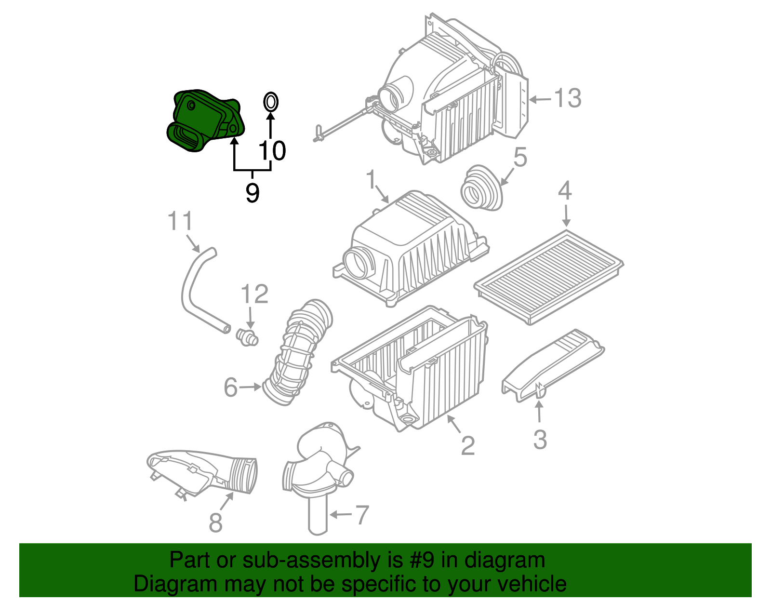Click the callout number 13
point(568,98)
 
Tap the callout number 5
point(520,158)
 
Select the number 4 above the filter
point(565,191)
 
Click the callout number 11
point(180,222)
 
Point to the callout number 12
point(254,294)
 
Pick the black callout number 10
point(273,151)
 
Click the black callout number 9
point(252,192)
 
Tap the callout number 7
point(362,515)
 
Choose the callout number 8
point(215,522)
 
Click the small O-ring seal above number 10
point(270,102)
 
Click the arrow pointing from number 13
point(540,99)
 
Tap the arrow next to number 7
point(340,515)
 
